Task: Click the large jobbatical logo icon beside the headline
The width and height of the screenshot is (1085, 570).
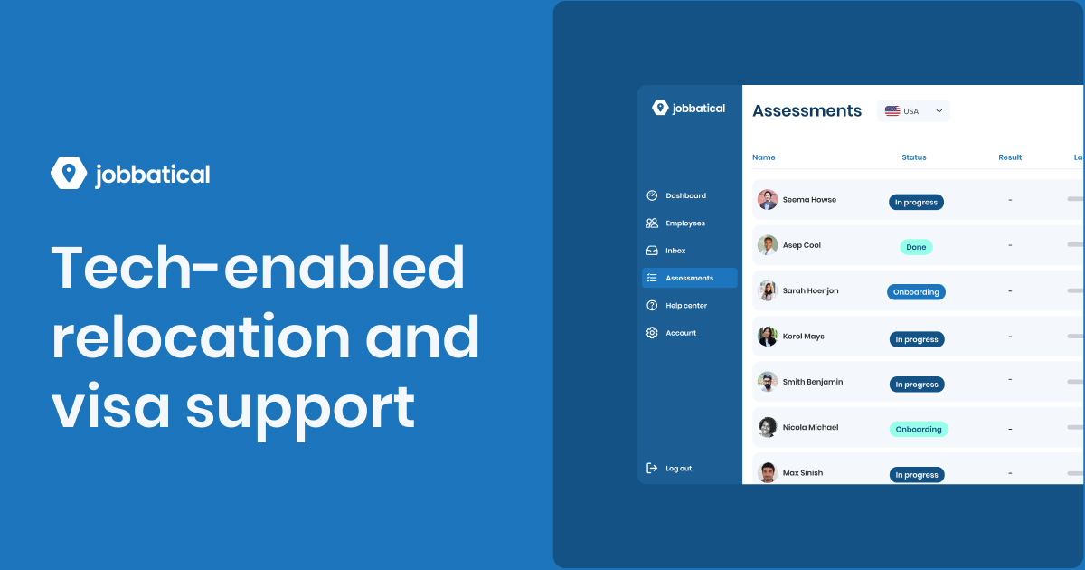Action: click(69, 173)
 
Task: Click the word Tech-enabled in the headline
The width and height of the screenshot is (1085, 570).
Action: click(258, 270)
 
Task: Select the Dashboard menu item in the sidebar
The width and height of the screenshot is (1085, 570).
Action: click(685, 195)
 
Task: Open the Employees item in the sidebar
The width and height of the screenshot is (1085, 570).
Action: click(685, 223)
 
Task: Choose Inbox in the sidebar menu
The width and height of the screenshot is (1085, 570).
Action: click(675, 251)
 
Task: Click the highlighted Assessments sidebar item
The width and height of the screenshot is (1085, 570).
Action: click(689, 278)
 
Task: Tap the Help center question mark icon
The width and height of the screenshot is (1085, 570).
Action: click(652, 306)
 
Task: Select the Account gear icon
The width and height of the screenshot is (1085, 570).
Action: click(652, 333)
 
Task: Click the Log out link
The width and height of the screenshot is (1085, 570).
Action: click(678, 469)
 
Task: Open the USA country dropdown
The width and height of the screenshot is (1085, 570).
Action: click(913, 111)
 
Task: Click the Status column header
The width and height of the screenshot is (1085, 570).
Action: click(914, 157)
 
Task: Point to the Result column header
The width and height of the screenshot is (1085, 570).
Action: click(1010, 157)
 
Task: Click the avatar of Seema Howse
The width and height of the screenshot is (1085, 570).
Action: click(768, 200)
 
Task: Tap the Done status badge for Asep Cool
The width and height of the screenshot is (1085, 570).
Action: click(916, 247)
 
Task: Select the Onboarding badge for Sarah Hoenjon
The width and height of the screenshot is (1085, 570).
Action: click(916, 292)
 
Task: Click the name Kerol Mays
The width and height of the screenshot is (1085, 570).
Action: click(803, 337)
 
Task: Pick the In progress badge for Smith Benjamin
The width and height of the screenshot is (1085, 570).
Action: click(916, 385)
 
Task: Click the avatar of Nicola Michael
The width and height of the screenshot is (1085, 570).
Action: click(768, 427)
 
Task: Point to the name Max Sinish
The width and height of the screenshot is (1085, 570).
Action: click(803, 473)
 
